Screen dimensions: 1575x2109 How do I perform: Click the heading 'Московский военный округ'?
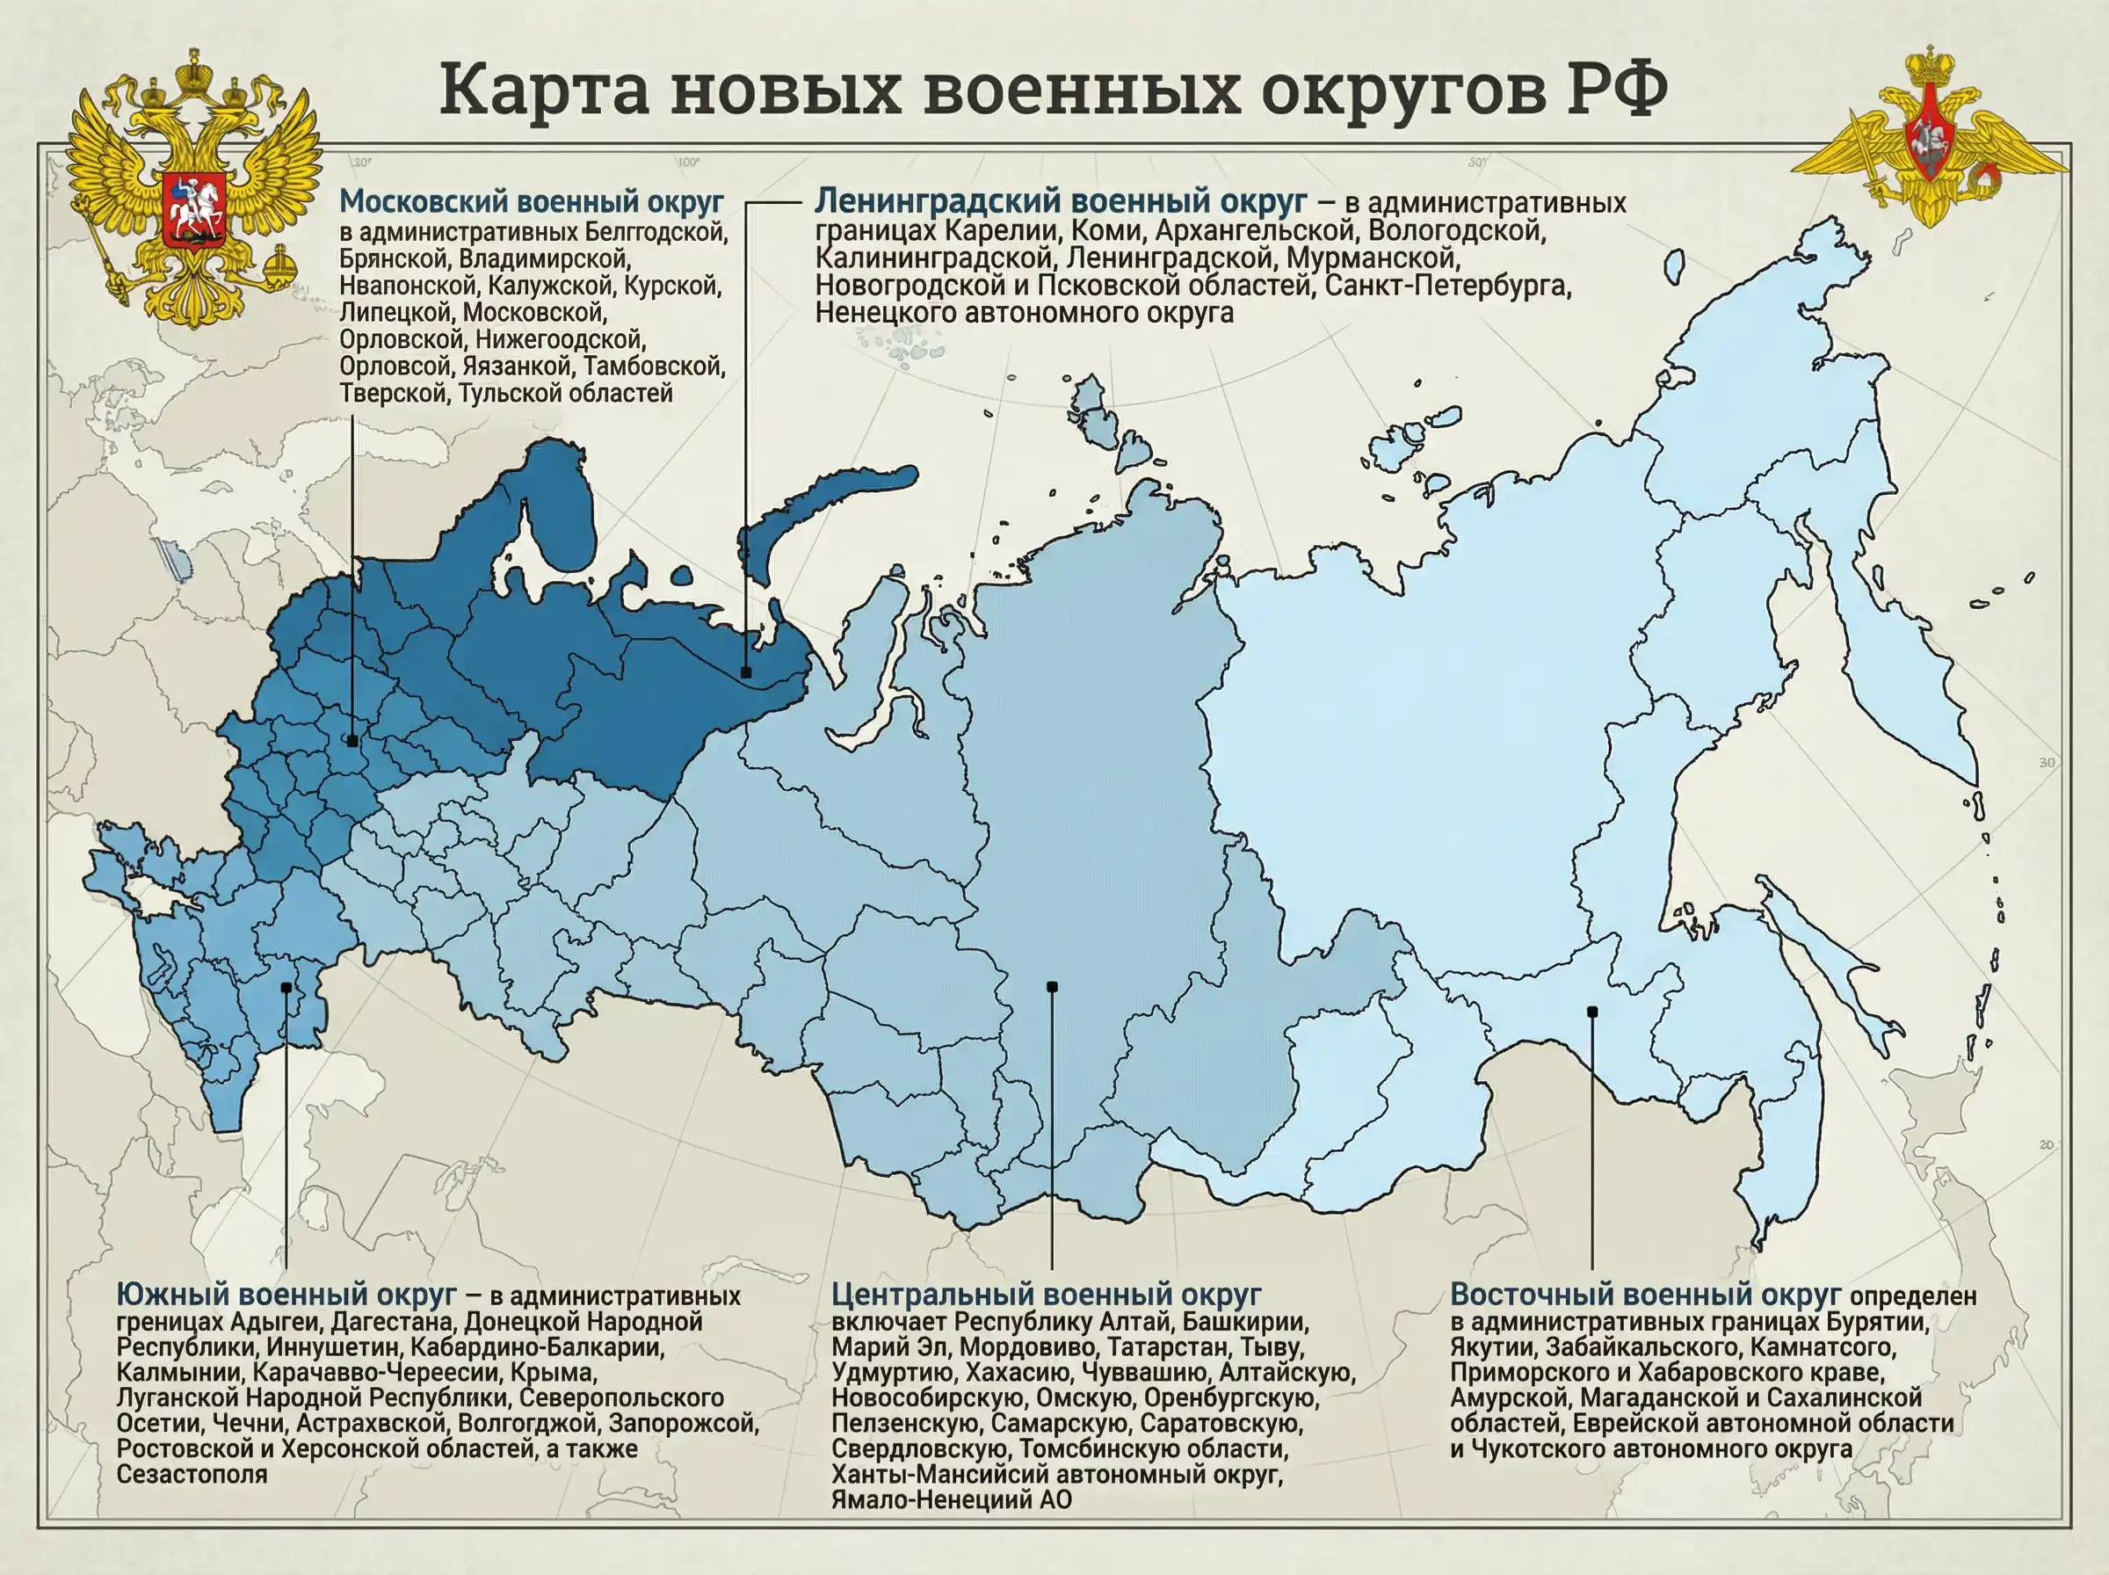(531, 202)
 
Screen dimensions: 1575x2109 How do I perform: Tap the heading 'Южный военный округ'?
(286, 1294)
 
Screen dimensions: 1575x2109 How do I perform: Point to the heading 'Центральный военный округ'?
(1046, 1294)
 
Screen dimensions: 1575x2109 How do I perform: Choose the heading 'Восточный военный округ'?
(1645, 1294)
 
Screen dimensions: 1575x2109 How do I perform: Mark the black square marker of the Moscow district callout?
(352, 740)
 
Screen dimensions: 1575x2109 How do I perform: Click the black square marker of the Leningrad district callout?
(746, 672)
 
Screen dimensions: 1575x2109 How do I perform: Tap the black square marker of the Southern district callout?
(286, 988)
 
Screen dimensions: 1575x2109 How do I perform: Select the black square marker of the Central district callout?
(1052, 987)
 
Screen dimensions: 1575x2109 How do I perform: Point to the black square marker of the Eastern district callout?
(1591, 1012)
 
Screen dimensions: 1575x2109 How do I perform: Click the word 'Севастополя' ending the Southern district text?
(192, 1474)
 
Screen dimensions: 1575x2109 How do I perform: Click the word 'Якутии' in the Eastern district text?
(1492, 1347)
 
